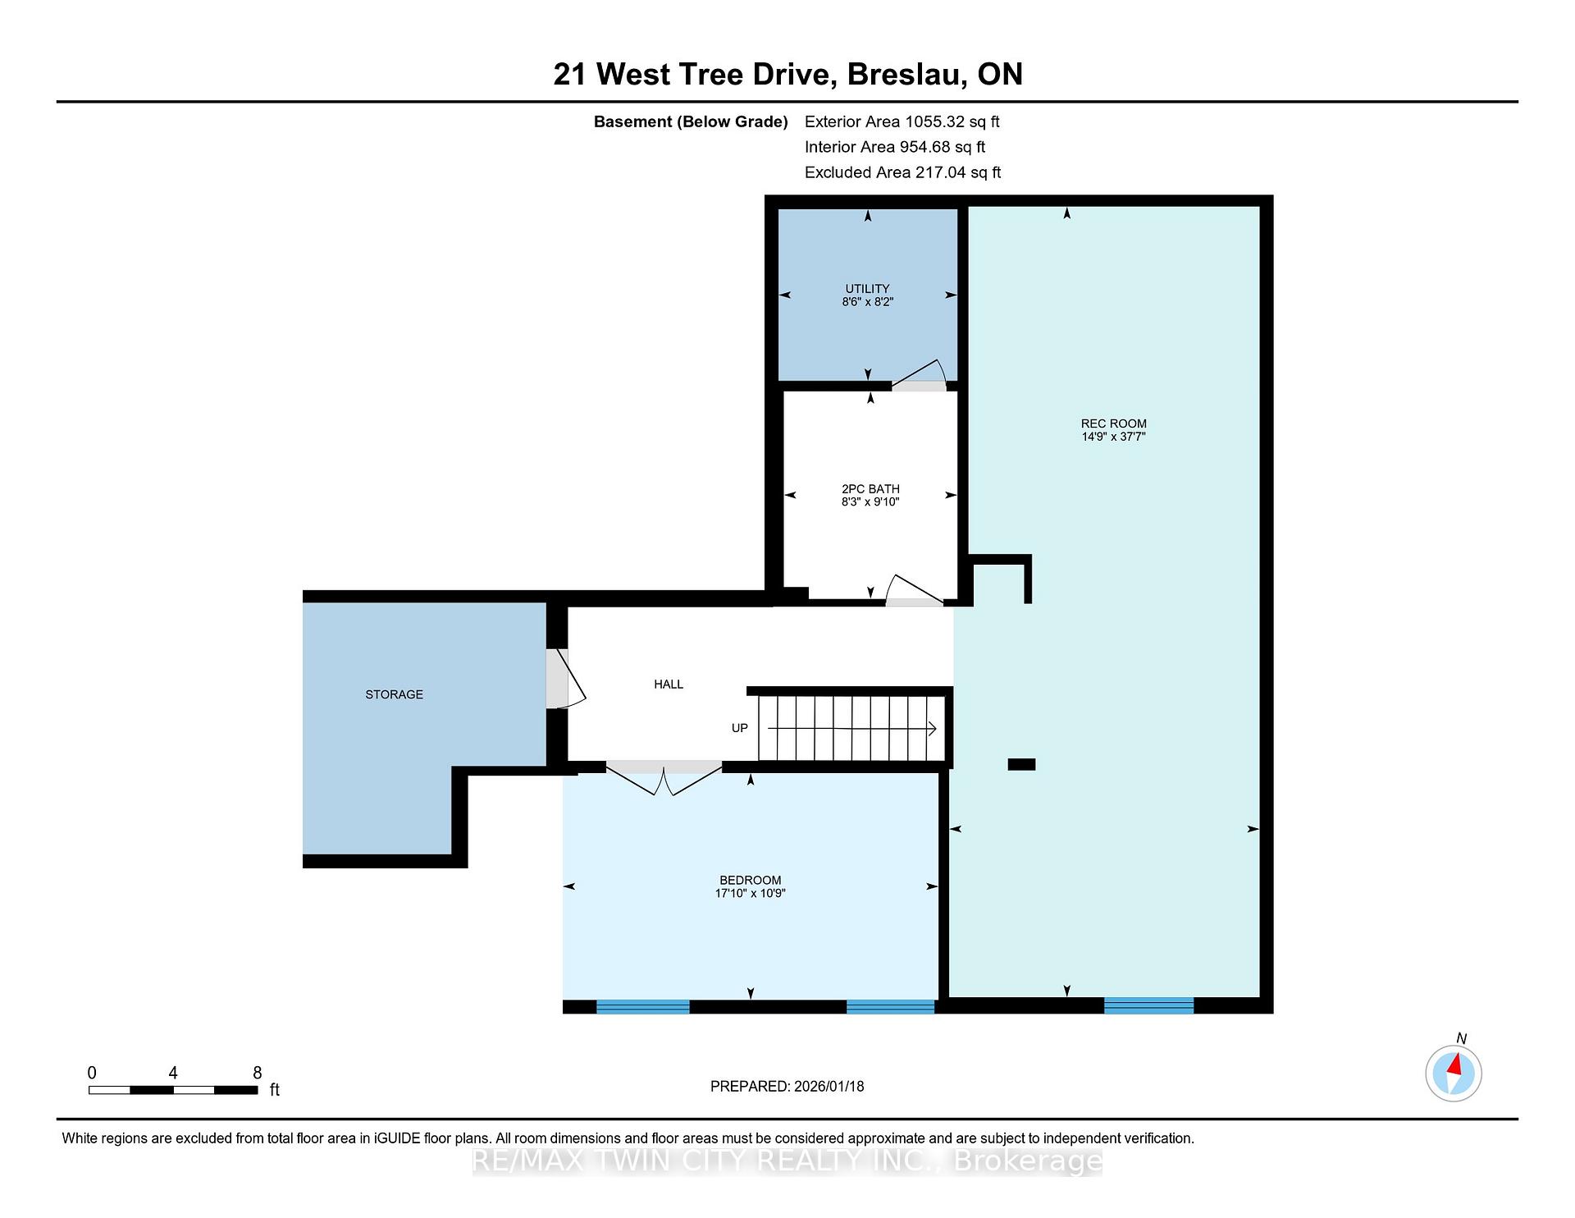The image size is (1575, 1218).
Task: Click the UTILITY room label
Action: pos(867,289)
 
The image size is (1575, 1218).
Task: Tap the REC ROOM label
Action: pos(1113,424)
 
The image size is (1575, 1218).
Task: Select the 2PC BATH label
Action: pos(870,489)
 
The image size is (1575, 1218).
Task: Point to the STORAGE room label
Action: pos(394,694)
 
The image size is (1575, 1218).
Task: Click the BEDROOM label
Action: pos(750,880)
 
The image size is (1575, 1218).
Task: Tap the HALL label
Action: pos(669,684)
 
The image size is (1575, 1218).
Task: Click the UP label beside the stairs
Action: pos(739,728)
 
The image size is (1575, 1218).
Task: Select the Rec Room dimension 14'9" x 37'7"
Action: pos(1113,437)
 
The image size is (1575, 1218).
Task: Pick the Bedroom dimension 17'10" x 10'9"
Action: pos(750,893)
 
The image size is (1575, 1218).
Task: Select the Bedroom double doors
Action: pos(664,778)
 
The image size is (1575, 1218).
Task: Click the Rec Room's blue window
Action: pos(1148,1005)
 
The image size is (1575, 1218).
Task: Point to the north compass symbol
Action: pos(1454,1072)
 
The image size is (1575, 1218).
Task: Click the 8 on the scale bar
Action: pos(257,1073)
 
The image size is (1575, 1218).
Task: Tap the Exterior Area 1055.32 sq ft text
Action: pos(902,121)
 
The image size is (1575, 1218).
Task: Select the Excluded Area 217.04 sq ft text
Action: pos(902,172)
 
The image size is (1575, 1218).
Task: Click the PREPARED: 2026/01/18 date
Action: pos(787,1086)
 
